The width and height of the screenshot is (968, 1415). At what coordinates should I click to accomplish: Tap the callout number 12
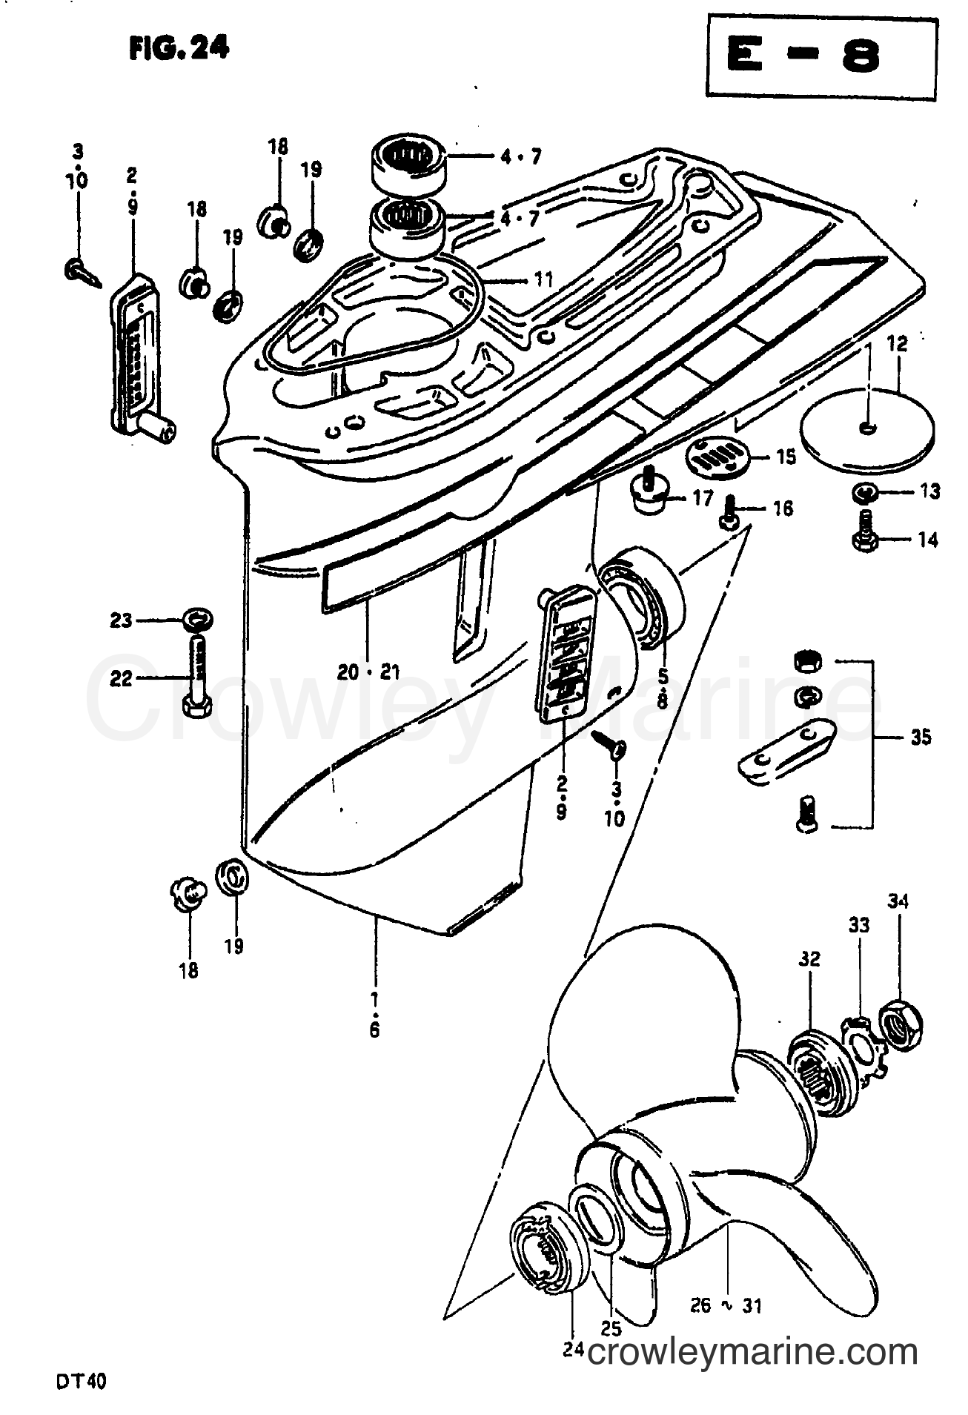pos(896,344)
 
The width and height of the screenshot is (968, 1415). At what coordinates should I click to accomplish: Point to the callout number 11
pos(544,280)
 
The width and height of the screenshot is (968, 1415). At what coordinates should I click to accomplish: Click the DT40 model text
pos(87,1382)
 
